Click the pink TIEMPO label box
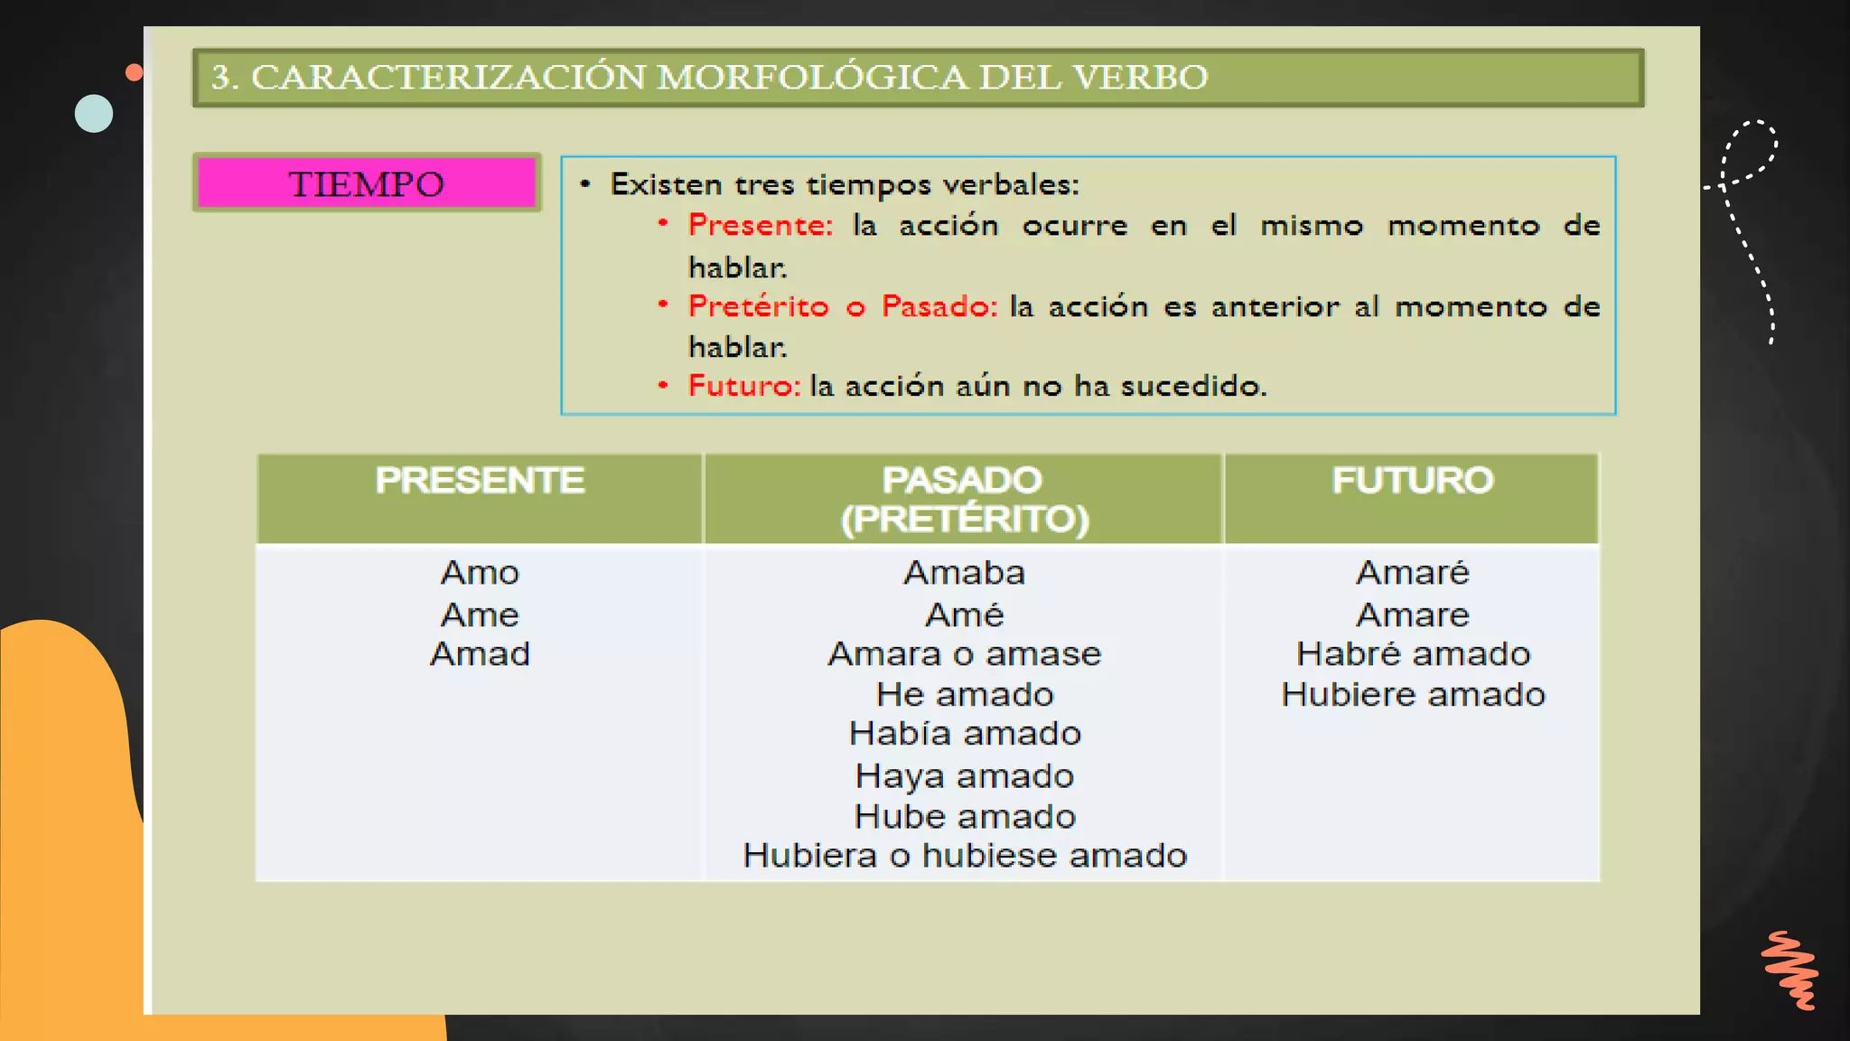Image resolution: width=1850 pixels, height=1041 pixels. [x=367, y=183]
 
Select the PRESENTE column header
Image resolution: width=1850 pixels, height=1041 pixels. [x=480, y=481]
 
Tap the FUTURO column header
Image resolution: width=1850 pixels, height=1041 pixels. [x=1412, y=481]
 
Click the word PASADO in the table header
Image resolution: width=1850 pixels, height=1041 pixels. [x=962, y=480]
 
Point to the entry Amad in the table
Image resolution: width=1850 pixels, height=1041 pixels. [x=480, y=653]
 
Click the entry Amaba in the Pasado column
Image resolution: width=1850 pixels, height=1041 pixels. [x=964, y=573]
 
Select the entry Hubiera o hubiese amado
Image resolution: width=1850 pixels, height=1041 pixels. [x=964, y=856]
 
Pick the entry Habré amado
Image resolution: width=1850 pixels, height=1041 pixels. [x=1413, y=653]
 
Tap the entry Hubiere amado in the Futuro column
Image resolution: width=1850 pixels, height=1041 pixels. [x=1413, y=694]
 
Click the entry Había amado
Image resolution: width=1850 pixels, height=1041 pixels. [x=964, y=733]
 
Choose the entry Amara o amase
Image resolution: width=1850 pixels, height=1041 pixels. [x=964, y=653]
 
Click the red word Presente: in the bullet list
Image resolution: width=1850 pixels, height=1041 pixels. [x=760, y=225]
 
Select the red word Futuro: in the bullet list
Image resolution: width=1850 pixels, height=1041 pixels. [x=743, y=386]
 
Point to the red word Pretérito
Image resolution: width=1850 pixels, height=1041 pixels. [x=758, y=306]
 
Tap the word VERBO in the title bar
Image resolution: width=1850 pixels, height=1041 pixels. [x=1140, y=78]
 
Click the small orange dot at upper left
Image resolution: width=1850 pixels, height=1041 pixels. [x=135, y=72]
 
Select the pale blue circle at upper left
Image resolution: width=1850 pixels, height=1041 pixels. [x=94, y=114]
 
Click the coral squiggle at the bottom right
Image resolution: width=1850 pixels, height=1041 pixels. [x=1790, y=970]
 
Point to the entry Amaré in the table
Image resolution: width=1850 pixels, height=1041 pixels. [x=1413, y=573]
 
